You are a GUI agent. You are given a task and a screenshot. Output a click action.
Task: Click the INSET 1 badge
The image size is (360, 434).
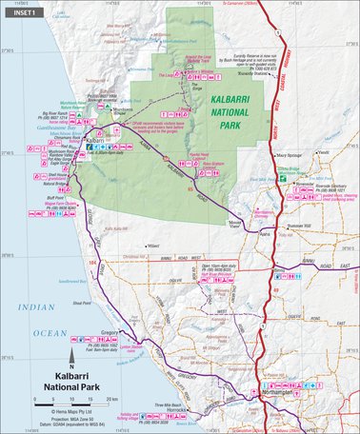[x=21, y=10]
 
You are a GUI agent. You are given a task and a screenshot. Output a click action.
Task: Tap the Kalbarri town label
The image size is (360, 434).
[x=93, y=141]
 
